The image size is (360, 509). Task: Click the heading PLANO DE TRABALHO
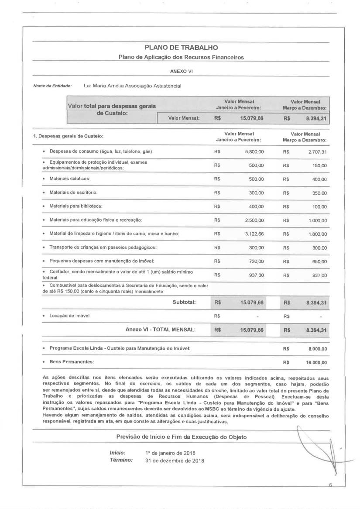(181, 48)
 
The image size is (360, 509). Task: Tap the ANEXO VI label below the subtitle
(178, 71)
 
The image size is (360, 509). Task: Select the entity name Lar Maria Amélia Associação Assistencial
(132, 86)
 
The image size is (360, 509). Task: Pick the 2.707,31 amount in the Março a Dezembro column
(317, 151)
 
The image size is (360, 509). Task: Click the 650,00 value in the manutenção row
(320, 261)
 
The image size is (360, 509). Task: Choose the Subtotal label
(184, 302)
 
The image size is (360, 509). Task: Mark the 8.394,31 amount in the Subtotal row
(316, 302)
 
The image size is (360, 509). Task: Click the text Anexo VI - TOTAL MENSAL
(160, 329)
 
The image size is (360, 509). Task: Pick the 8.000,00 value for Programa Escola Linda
(318, 349)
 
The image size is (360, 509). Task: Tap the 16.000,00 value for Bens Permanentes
(316, 362)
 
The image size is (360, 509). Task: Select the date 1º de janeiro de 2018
(170, 453)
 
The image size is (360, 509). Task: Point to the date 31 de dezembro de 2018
(174, 460)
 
